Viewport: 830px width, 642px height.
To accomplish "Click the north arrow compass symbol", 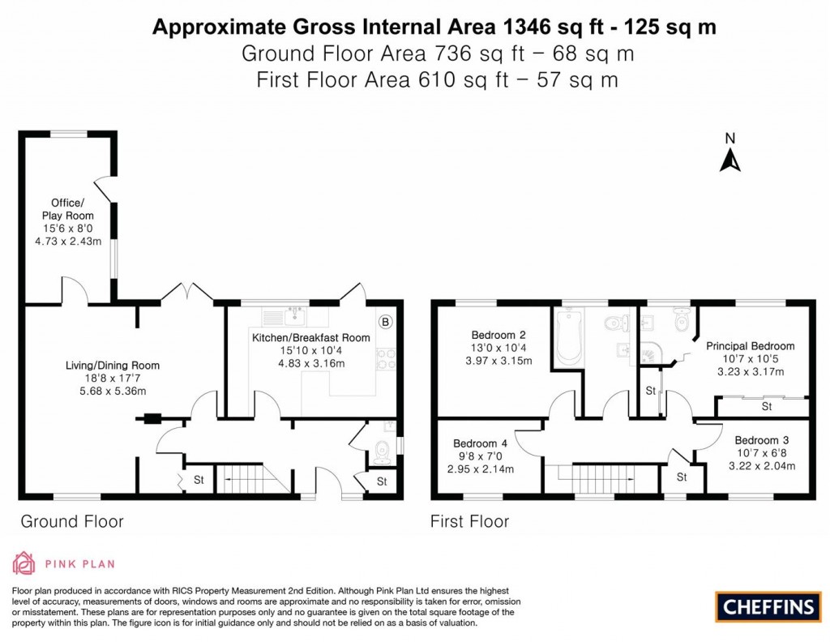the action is (730, 153).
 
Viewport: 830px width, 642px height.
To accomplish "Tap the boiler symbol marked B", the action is (385, 322).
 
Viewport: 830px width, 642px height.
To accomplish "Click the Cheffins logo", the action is (768, 606).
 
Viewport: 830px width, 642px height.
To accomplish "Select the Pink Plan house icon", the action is (24, 563).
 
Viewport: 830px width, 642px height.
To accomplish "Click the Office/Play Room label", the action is (68, 209).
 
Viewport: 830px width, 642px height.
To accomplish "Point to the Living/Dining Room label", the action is (112, 366).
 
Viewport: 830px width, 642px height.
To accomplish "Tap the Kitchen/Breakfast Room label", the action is (310, 338).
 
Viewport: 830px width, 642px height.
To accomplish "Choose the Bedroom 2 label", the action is (498, 335).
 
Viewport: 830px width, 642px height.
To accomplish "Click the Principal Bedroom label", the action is (750, 346).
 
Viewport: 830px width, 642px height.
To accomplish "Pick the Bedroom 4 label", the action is (480, 443).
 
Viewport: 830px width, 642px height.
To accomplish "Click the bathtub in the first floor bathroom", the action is (567, 337).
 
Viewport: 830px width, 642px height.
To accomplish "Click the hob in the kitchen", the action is (385, 358).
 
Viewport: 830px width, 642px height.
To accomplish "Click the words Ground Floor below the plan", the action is (72, 522).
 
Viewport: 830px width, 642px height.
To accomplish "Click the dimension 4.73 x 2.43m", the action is (68, 242).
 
